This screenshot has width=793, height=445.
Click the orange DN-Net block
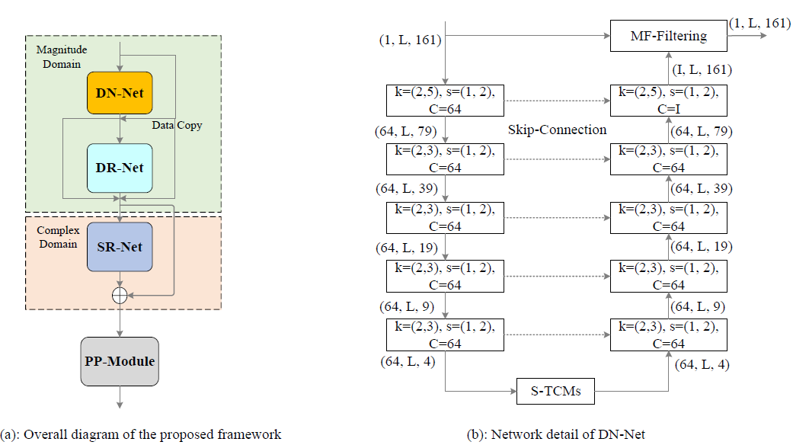point(120,93)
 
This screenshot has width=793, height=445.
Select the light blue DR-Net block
point(120,167)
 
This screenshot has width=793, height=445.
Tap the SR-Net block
point(120,247)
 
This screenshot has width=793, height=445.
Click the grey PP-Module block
point(120,360)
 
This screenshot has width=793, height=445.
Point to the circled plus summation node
point(120,296)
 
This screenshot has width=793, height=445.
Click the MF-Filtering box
point(668,35)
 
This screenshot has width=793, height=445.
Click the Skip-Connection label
point(557,130)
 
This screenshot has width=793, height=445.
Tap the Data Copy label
point(177,125)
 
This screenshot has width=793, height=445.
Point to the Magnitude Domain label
point(62,57)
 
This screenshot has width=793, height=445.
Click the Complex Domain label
point(57,236)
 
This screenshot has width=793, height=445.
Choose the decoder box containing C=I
point(668,100)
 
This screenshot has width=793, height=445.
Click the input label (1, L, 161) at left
point(410,40)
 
